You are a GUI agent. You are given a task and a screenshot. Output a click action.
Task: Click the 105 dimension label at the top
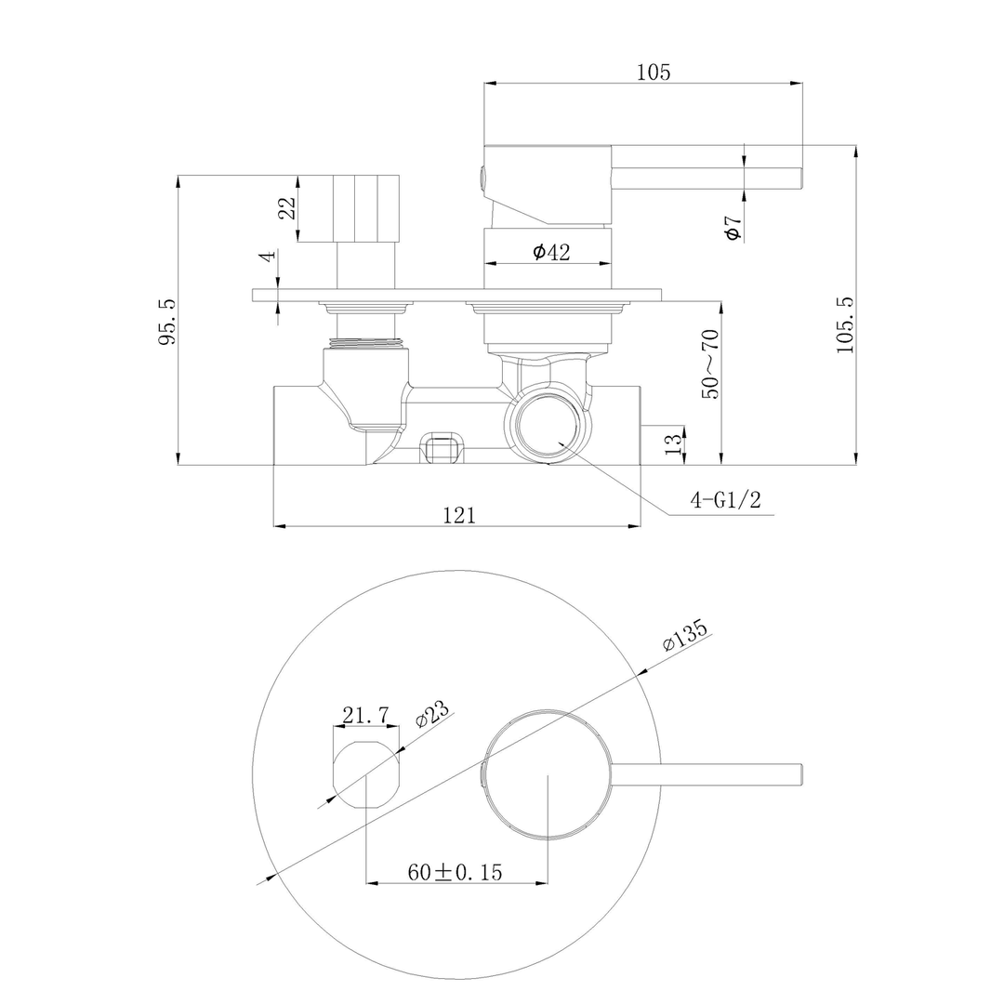(654, 72)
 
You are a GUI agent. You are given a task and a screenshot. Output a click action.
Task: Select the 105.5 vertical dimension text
(844, 324)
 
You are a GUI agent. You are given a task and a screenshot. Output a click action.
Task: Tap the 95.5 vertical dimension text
(166, 322)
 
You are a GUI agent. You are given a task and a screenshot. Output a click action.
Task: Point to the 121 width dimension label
(459, 515)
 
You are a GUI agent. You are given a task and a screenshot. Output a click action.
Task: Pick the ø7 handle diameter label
(733, 228)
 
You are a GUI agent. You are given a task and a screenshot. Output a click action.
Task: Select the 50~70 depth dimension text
(710, 363)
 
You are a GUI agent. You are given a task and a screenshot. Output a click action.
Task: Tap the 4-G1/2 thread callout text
(725, 500)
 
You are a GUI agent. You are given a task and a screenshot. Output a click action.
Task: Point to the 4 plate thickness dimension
(268, 256)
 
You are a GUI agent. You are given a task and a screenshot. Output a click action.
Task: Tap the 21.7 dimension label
(365, 715)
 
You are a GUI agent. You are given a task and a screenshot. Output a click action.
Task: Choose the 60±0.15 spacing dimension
(455, 872)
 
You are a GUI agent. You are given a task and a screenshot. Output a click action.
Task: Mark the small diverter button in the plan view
(366, 774)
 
